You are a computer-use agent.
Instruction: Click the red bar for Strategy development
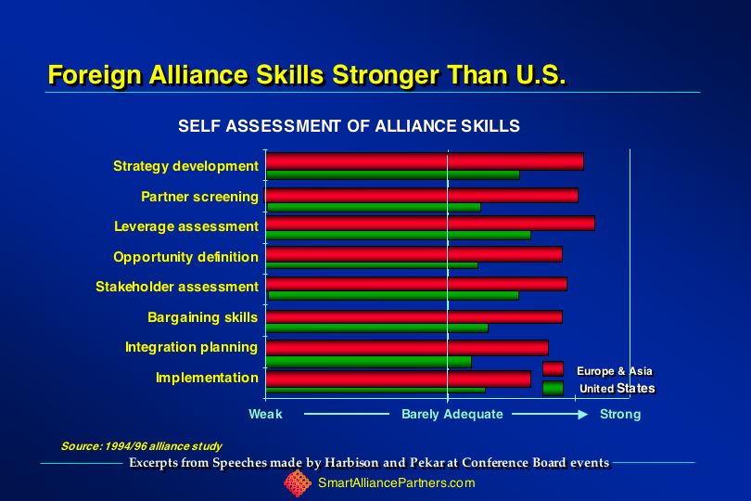click(425, 161)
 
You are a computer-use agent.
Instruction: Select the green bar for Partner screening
click(374, 207)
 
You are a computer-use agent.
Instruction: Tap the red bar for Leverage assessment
click(430, 224)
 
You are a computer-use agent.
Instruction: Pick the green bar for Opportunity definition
click(372, 265)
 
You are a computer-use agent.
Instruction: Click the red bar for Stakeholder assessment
click(416, 284)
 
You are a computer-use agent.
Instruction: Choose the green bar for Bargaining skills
click(377, 328)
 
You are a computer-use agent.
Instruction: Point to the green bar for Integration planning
click(369, 362)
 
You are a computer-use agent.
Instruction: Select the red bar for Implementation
click(399, 379)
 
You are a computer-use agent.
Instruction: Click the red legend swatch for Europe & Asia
click(553, 368)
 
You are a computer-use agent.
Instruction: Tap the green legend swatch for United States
click(553, 388)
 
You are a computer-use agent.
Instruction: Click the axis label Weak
click(265, 414)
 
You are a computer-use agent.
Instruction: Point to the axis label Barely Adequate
click(452, 414)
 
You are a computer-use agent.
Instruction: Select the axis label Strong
click(620, 414)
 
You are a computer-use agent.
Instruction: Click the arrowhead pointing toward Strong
click(583, 414)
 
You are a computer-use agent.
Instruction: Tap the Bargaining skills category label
click(203, 317)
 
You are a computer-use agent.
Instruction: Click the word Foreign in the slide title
click(95, 75)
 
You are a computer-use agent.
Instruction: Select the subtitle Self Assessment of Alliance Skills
click(349, 126)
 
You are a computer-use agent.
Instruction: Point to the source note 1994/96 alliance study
click(163, 446)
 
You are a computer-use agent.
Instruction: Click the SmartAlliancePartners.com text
click(397, 482)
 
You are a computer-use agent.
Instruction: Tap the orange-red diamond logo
click(298, 483)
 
